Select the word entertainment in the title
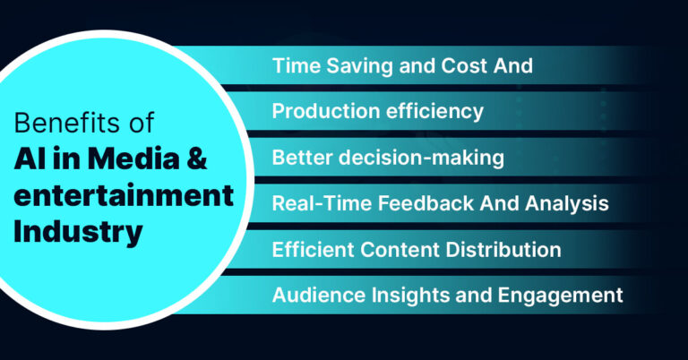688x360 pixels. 124,196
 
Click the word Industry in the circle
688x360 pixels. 79,232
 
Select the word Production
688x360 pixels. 321,112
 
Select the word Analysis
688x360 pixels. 569,204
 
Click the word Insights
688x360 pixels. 395,295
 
